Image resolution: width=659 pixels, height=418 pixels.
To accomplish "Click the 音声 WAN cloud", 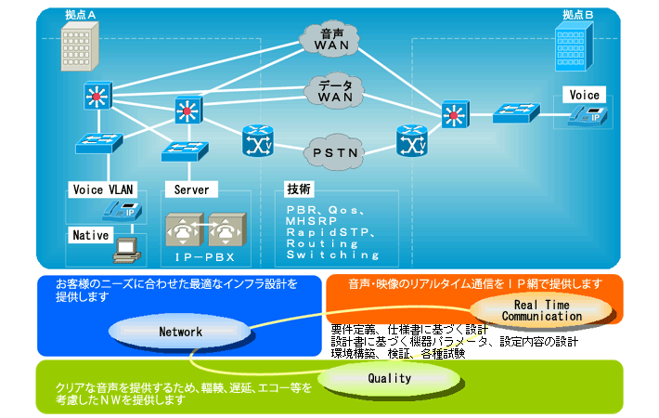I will point(330,38).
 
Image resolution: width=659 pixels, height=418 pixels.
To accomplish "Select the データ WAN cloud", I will point(330,90).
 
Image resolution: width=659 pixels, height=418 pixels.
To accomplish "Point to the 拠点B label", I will point(578,16).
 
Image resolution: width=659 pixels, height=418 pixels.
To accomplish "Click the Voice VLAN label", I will point(103,189).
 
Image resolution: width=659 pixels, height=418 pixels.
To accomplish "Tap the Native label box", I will point(91,236).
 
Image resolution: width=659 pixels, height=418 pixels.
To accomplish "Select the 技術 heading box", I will point(299,188).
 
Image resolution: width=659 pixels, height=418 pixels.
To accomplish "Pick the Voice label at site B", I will point(585,95).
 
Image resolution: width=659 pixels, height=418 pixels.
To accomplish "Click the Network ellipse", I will point(180,332).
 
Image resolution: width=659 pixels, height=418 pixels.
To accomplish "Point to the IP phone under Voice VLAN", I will point(123,211).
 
